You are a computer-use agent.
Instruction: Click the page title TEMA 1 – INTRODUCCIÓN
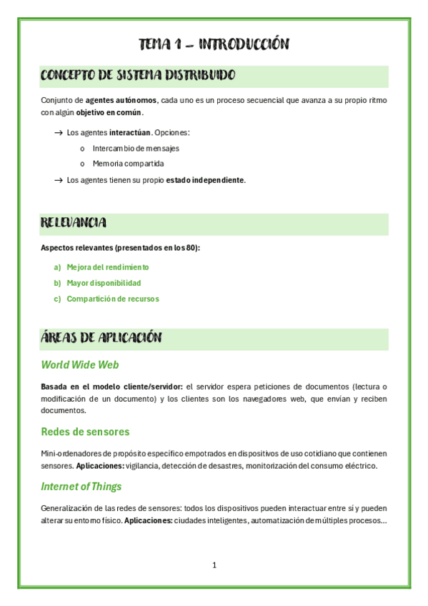pyautogui.click(x=214, y=44)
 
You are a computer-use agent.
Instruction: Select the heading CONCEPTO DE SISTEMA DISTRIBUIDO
pyautogui.click(x=138, y=75)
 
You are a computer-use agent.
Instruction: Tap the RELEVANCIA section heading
pyautogui.click(x=74, y=223)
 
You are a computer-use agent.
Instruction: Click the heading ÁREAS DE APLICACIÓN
pyautogui.click(x=101, y=338)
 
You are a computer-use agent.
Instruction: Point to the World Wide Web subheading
pyautogui.click(x=80, y=364)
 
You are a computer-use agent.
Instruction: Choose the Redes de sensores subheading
pyautogui.click(x=85, y=432)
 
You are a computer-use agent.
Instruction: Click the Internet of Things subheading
pyautogui.click(x=81, y=487)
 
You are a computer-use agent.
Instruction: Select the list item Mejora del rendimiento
pyautogui.click(x=108, y=267)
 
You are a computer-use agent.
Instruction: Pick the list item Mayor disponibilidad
pyautogui.click(x=104, y=283)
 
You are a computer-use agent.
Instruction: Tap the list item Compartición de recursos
pyautogui.click(x=113, y=299)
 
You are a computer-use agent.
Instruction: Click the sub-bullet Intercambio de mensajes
pyautogui.click(x=136, y=149)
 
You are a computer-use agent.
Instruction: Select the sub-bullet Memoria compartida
pyautogui.click(x=128, y=164)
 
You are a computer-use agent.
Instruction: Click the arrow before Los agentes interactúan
pyautogui.click(x=58, y=133)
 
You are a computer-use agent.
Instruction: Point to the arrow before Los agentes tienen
pyautogui.click(x=58, y=180)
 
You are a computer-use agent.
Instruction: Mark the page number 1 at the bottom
pyautogui.click(x=214, y=565)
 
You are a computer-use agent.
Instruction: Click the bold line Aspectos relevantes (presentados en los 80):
pyautogui.click(x=121, y=248)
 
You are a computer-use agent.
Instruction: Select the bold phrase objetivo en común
pyautogui.click(x=109, y=112)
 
